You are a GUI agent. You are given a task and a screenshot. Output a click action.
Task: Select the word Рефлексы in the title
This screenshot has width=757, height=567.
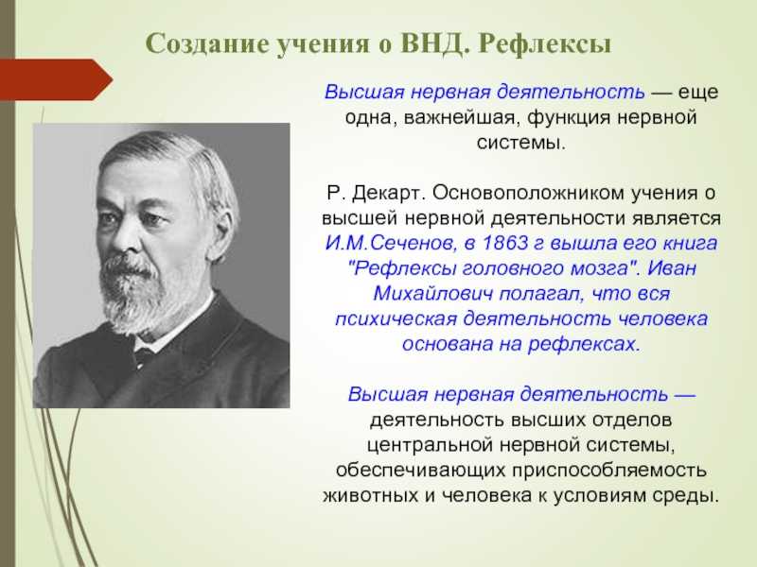545,44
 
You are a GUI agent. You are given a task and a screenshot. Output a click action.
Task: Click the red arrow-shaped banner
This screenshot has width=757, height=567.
56,79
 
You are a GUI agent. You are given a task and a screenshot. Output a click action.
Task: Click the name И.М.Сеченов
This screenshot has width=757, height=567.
389,244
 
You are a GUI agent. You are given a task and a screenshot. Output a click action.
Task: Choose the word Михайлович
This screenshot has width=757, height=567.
433,293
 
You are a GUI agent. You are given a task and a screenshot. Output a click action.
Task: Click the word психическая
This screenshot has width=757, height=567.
396,319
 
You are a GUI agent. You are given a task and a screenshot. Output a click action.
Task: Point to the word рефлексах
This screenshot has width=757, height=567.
583,344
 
